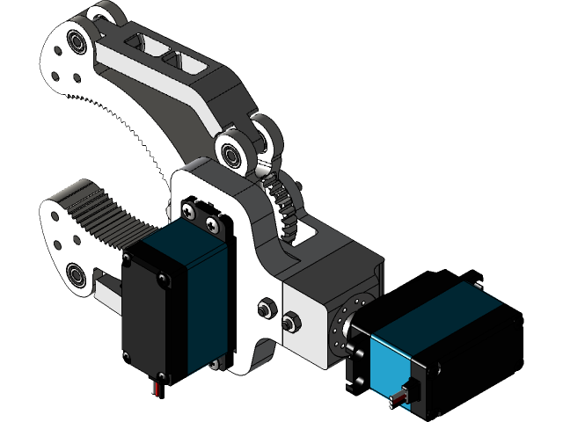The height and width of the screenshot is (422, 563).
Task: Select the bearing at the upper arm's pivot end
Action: [x=234, y=154]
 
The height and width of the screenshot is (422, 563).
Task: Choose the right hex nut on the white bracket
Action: [x=289, y=323]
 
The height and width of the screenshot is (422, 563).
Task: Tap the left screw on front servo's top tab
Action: [x=189, y=210]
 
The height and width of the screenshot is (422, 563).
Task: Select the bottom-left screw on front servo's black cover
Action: [x=128, y=355]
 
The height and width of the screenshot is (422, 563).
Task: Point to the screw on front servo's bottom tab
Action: [x=215, y=362]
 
